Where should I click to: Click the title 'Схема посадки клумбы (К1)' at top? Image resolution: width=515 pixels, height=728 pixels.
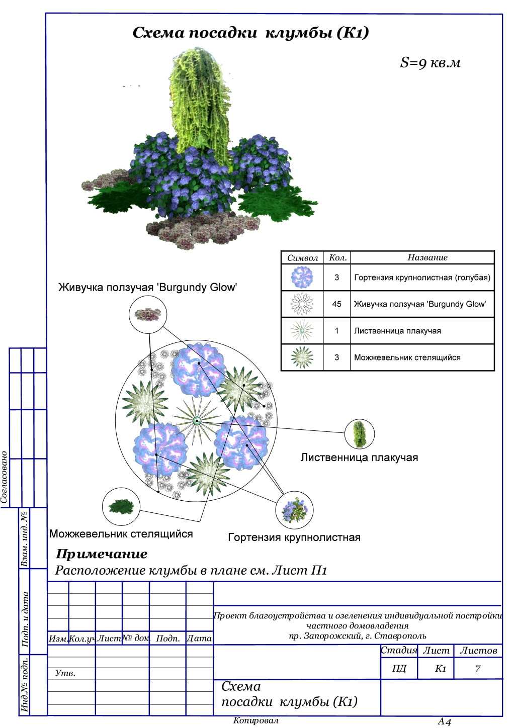pyautogui.click(x=250, y=33)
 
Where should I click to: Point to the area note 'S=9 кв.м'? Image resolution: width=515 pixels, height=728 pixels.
pyautogui.click(x=430, y=63)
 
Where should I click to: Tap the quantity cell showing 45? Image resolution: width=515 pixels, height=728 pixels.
pyautogui.click(x=336, y=304)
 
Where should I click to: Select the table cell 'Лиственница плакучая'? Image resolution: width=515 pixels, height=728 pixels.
pyautogui.click(x=397, y=331)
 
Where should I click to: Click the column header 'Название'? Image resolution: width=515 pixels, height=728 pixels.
pyautogui.click(x=427, y=257)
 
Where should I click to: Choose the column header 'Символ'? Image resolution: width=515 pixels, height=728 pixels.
pyautogui.click(x=302, y=258)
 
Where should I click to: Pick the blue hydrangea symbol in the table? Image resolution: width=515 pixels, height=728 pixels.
pyautogui.click(x=302, y=277)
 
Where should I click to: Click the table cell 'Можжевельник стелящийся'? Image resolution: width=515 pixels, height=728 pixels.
pyautogui.click(x=407, y=357)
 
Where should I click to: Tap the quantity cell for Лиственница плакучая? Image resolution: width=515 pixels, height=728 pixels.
pyautogui.click(x=336, y=331)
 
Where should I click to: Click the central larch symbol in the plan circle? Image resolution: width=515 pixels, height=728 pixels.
pyautogui.click(x=197, y=420)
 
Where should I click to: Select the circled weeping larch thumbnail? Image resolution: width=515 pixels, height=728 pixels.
pyautogui.click(x=360, y=434)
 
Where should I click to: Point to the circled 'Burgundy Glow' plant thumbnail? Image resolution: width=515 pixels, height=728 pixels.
pyautogui.click(x=147, y=315)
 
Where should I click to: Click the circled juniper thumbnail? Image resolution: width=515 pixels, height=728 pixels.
pyautogui.click(x=121, y=506)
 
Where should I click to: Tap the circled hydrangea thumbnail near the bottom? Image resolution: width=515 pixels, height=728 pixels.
pyautogui.click(x=294, y=510)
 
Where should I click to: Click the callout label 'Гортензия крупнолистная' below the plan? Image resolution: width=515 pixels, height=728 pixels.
pyautogui.click(x=294, y=537)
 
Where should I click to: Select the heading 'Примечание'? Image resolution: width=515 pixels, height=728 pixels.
pyautogui.click(x=102, y=554)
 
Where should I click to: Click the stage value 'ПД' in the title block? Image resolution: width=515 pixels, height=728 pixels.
pyautogui.click(x=399, y=669)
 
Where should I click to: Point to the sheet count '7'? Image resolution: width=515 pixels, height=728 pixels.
pyautogui.click(x=478, y=669)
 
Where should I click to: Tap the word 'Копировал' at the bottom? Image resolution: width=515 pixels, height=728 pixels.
pyautogui.click(x=255, y=720)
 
